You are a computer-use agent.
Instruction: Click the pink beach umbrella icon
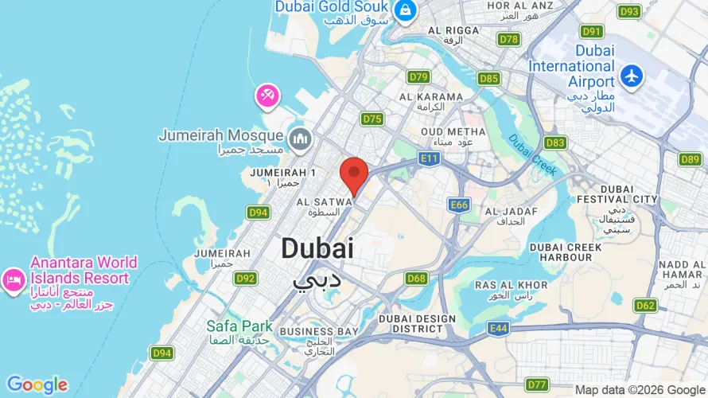[267, 97]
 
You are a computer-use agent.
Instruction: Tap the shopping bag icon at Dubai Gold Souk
[405, 10]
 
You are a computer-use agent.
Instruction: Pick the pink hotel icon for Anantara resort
[13, 279]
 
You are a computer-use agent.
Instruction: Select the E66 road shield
[459, 205]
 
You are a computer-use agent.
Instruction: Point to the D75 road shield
[372, 119]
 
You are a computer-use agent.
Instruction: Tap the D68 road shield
[416, 279]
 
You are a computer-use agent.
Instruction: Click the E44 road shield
[499, 328]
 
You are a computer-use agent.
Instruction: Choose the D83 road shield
[556, 142]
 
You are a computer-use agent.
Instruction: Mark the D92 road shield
[246, 279]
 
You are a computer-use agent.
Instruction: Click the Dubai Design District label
[417, 324]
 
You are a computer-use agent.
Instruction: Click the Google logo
[37, 385]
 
